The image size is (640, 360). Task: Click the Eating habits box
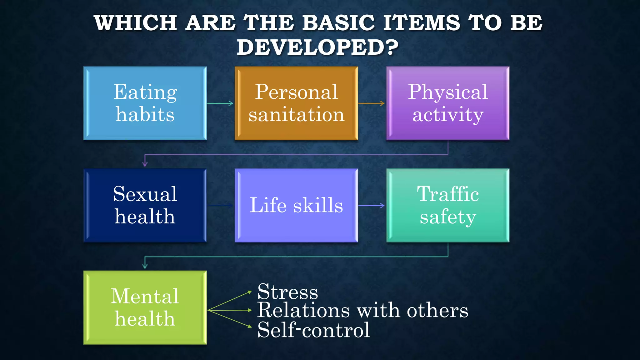tap(145, 103)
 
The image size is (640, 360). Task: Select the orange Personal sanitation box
tap(296, 103)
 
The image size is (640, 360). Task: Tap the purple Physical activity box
tap(448, 103)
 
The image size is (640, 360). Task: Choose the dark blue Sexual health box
tap(145, 205)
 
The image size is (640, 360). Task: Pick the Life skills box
tap(296, 205)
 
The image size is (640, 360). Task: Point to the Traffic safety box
tap(448, 205)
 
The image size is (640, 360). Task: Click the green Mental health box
tap(145, 307)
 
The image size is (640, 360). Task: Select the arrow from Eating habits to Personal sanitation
tap(220, 103)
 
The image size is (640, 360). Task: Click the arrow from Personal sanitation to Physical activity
tap(372, 103)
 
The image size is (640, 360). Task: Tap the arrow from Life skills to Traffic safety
tap(372, 206)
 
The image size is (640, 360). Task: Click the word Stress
tap(287, 292)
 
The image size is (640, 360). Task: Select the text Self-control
tap(313, 330)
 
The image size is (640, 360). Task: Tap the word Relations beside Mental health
tap(303, 311)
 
